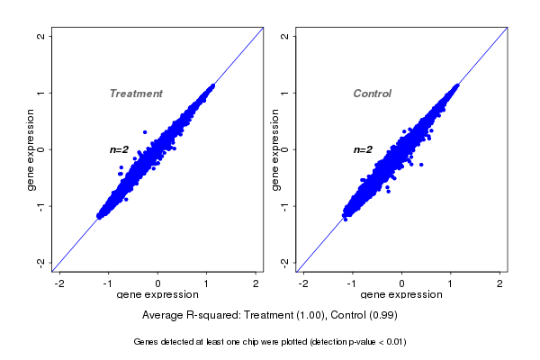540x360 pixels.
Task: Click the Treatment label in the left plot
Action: pos(136,94)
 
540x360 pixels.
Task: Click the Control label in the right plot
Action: pos(372,94)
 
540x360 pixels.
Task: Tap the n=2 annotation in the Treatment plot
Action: pos(120,149)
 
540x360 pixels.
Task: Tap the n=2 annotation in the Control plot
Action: pos(363,149)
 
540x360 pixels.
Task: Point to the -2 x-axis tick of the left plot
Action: pos(59,283)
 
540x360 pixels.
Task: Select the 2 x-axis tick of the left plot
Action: pos(256,283)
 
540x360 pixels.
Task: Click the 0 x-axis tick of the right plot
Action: pos(401,283)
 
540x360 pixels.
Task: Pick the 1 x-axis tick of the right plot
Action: pos(451,283)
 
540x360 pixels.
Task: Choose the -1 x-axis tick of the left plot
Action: pos(109,283)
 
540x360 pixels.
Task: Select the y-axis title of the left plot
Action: pos(31,149)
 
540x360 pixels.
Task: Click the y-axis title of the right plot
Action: pos(274,149)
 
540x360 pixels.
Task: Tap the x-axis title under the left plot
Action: pos(157,296)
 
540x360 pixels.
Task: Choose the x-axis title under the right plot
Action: pos(401,296)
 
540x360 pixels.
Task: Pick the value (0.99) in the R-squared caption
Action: pos(382,316)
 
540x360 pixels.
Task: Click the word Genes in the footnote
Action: pos(147,342)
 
